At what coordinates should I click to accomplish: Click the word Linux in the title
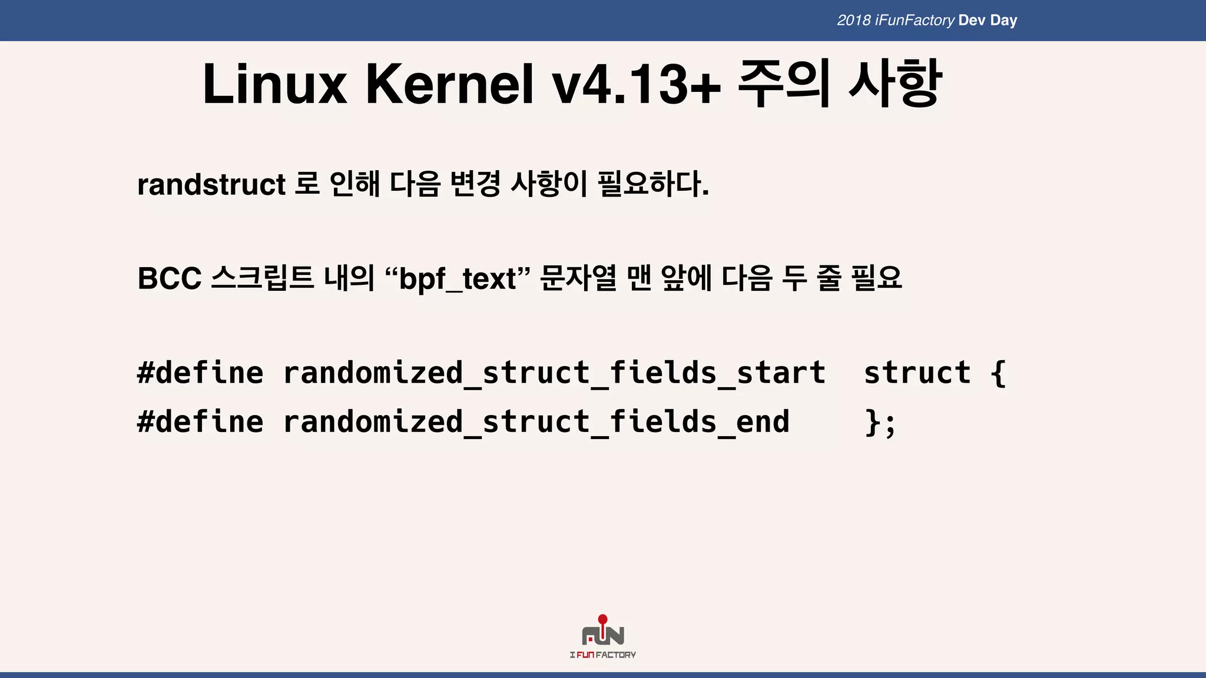pos(274,85)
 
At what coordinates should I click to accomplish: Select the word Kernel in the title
pos(450,85)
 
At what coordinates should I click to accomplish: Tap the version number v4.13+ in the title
pos(637,85)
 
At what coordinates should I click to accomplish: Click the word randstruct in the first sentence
pos(211,185)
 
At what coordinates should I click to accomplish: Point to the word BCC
pos(170,278)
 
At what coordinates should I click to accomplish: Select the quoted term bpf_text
pos(458,279)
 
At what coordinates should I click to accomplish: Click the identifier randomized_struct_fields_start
pos(554,373)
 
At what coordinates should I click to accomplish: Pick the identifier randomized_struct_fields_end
pos(536,422)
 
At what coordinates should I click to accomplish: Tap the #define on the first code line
pos(200,373)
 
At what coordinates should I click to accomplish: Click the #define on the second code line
pos(200,422)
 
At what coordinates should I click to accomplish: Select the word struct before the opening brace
pos(917,373)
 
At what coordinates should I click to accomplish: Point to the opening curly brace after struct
pos(998,373)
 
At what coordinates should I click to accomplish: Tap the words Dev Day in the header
pos(988,21)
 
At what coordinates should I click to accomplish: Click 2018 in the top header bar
pos(854,21)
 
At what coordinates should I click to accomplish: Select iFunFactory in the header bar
pos(915,21)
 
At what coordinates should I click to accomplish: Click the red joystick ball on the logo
pos(602,619)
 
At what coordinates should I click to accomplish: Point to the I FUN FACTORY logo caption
pos(602,654)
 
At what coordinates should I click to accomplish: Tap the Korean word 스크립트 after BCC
pos(263,278)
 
